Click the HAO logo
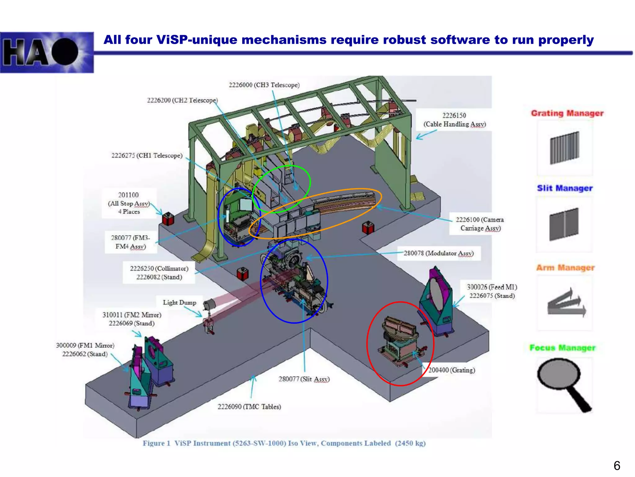click(x=47, y=52)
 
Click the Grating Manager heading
click(x=567, y=113)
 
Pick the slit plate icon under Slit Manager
click(x=564, y=224)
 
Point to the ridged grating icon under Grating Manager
click(x=565, y=148)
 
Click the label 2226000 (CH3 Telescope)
click(x=264, y=85)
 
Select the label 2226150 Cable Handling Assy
click(x=454, y=120)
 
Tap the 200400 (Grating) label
click(x=451, y=370)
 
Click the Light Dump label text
click(x=180, y=302)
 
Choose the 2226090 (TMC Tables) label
click(x=249, y=407)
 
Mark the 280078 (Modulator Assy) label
click(x=439, y=253)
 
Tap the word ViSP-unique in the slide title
click(x=195, y=40)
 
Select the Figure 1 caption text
click(x=284, y=443)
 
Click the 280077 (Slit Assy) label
click(x=304, y=379)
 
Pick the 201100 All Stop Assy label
click(x=129, y=203)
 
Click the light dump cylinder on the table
click(x=209, y=304)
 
